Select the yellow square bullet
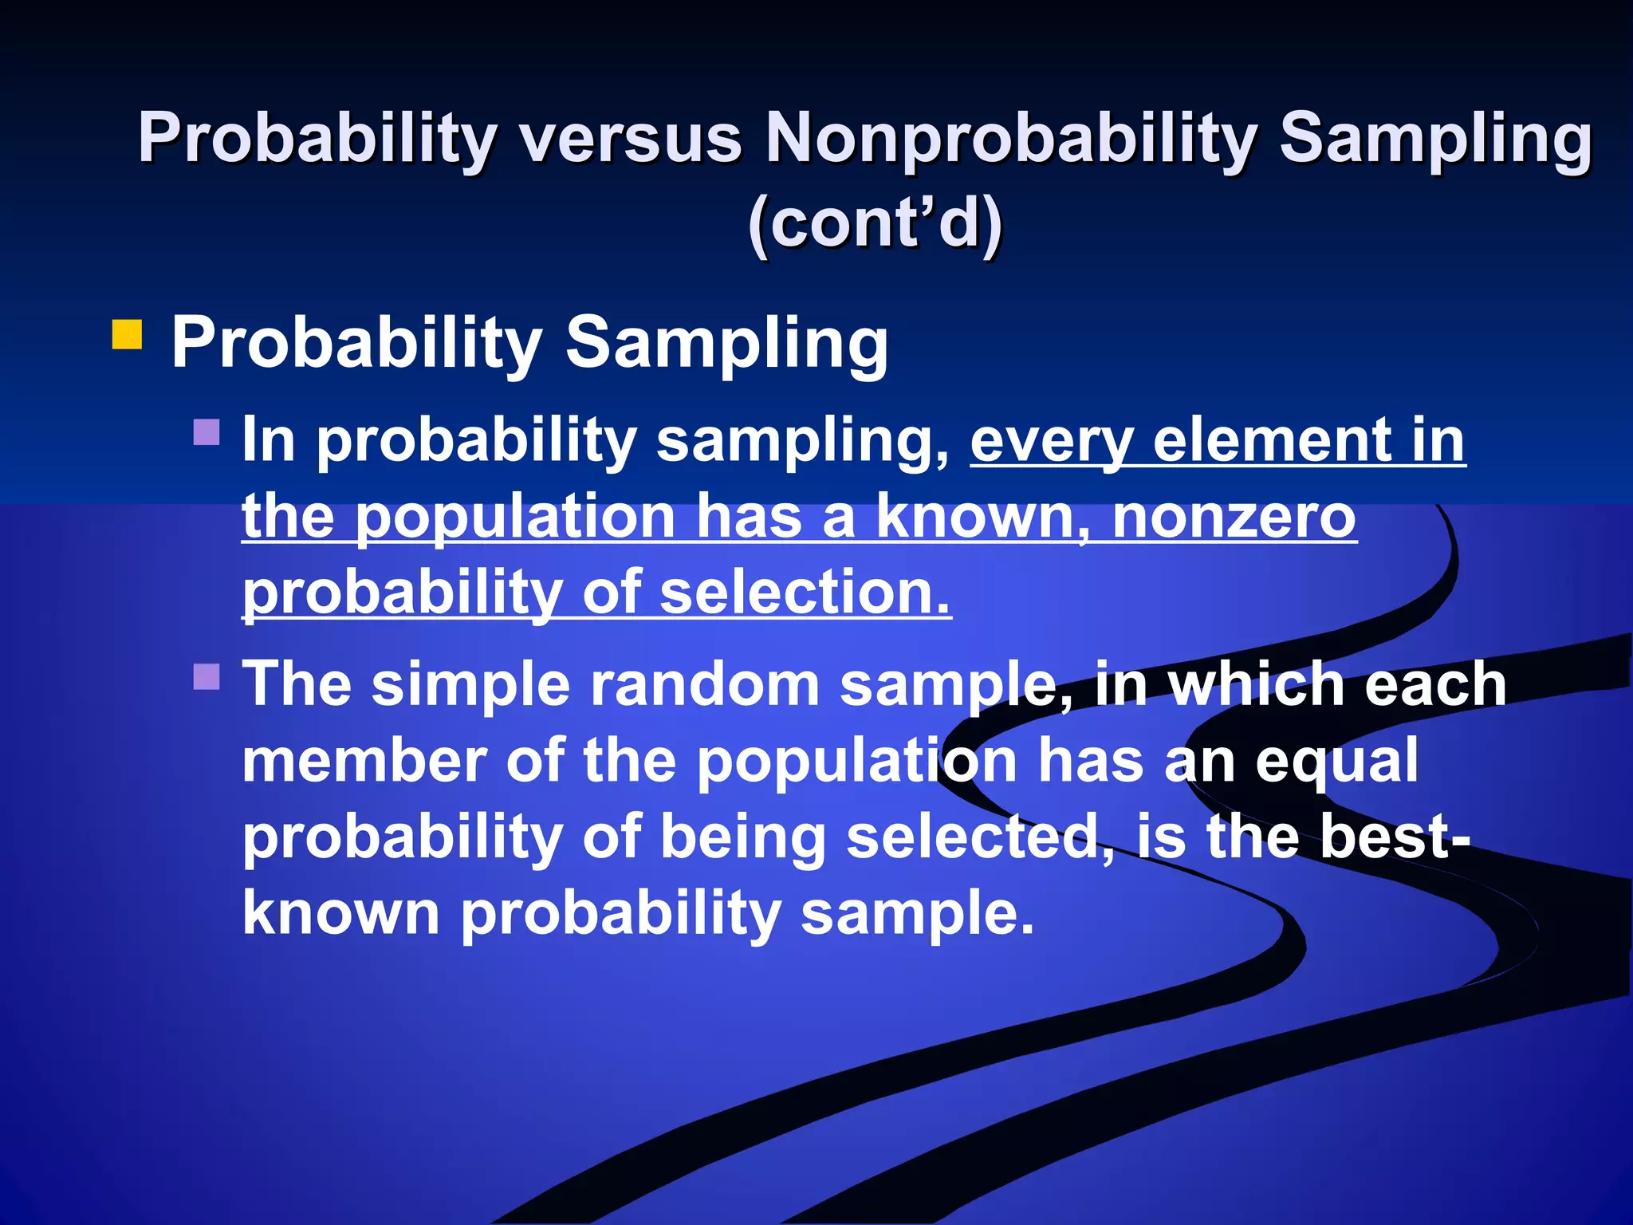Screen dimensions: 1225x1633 pos(127,335)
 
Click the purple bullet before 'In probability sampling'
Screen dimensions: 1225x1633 pos(207,432)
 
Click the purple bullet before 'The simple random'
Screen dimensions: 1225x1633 pos(207,677)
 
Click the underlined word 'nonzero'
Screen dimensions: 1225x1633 pos(1234,517)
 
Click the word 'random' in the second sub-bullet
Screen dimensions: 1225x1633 pos(704,684)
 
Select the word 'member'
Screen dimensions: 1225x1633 pos(364,761)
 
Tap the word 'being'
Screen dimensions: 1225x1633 pos(743,837)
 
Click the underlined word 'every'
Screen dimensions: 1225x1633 pos(1051,440)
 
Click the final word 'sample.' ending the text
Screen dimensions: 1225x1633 pos(917,913)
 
